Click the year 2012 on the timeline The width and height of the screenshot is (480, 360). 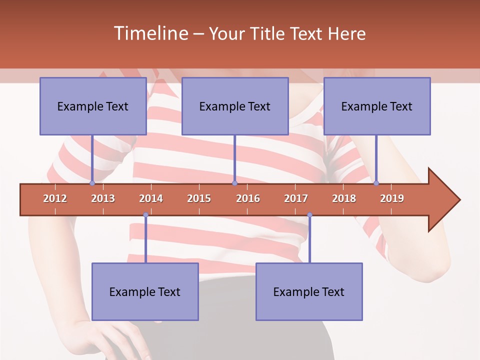[55, 198]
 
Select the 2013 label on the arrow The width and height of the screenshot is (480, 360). [103, 198]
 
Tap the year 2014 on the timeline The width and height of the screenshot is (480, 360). [151, 198]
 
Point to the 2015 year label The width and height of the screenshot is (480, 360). [199, 198]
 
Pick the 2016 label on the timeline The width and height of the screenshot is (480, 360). [248, 198]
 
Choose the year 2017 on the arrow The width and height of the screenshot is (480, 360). [296, 198]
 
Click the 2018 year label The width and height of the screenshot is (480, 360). [344, 198]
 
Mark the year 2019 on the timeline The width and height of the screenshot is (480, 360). [392, 198]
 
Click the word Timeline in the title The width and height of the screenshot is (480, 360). [150, 33]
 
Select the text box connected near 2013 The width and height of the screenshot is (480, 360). [93, 106]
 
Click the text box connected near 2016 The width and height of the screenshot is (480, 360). [235, 106]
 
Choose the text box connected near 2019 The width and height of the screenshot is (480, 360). [377, 106]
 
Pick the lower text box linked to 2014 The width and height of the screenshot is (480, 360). [145, 291]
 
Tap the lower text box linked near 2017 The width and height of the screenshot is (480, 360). [309, 291]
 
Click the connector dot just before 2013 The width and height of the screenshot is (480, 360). [92, 183]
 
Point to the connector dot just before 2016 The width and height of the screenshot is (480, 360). [234, 183]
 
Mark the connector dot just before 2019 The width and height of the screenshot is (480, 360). [376, 183]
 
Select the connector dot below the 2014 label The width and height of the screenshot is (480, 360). [145, 215]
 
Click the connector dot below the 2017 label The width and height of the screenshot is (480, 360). [309, 215]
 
